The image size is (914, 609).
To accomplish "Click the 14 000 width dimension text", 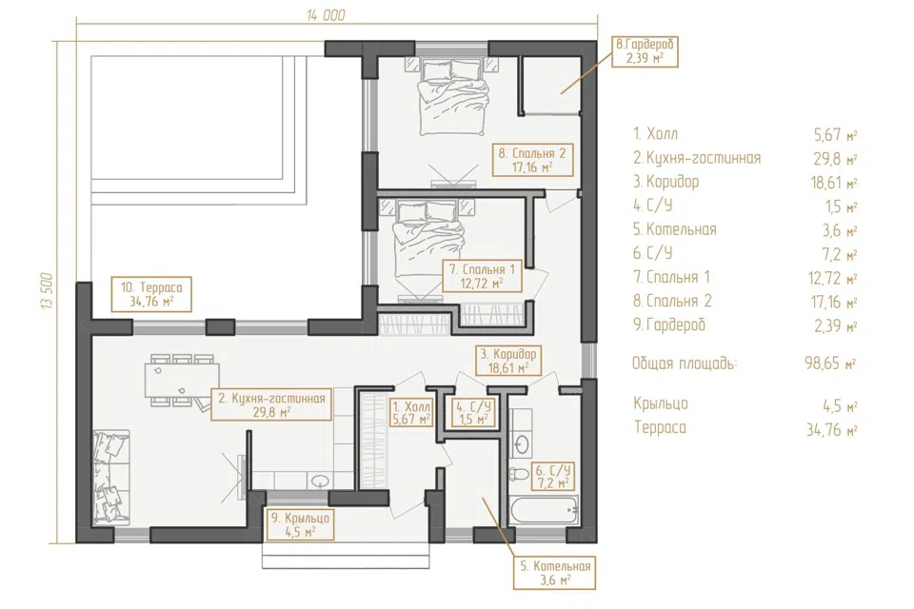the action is [x=326, y=15].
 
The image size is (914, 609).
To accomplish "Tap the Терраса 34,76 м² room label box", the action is [x=151, y=294].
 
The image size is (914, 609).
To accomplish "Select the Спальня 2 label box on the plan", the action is [x=532, y=160].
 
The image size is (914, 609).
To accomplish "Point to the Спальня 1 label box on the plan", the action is [x=482, y=276].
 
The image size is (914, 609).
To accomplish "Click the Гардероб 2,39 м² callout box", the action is [x=645, y=51].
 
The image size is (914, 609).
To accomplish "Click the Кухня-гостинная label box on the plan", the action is [x=271, y=404].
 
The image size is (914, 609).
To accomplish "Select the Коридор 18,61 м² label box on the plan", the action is [x=507, y=360].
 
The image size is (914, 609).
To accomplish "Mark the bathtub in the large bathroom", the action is [x=545, y=511].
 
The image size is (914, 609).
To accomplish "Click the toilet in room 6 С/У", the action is [x=518, y=475].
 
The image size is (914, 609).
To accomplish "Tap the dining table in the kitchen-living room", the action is [x=183, y=380].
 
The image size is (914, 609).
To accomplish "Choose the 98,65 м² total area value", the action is [x=830, y=363].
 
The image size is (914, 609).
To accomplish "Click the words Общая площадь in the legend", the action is [x=685, y=363].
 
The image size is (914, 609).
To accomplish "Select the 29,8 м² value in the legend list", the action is [x=835, y=159].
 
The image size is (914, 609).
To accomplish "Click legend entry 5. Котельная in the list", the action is [x=674, y=229].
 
